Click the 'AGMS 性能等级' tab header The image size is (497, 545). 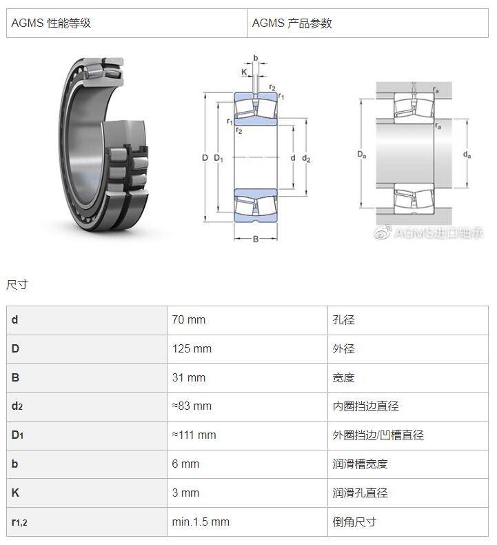pyautogui.click(x=51, y=23)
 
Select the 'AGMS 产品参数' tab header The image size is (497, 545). pyautogui.click(x=292, y=23)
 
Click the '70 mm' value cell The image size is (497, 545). pyautogui.click(x=189, y=320)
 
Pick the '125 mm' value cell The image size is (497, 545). pyautogui.click(x=192, y=348)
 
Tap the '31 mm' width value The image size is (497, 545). pyautogui.click(x=189, y=377)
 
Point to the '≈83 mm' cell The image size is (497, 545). pyautogui.click(x=192, y=406)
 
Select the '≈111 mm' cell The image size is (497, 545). pyautogui.click(x=194, y=435)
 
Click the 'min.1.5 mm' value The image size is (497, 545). pyautogui.click(x=201, y=522)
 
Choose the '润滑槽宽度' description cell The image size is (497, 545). pyautogui.click(x=360, y=464)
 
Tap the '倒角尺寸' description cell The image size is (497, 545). pyautogui.click(x=354, y=522)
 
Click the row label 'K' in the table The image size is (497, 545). pyautogui.click(x=15, y=493)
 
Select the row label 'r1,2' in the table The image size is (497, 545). pyautogui.click(x=19, y=522)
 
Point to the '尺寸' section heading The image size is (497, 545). pyautogui.click(x=17, y=285)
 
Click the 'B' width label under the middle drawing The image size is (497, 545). pyautogui.click(x=256, y=239)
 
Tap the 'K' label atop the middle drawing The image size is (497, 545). pyautogui.click(x=244, y=72)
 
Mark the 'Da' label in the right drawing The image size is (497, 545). pyautogui.click(x=362, y=154)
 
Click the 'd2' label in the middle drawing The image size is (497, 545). pyautogui.click(x=306, y=159)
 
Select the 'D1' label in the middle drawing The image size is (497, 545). pyautogui.click(x=219, y=159)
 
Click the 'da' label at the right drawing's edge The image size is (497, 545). pyautogui.click(x=467, y=155)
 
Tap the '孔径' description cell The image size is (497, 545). pyautogui.click(x=343, y=320)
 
